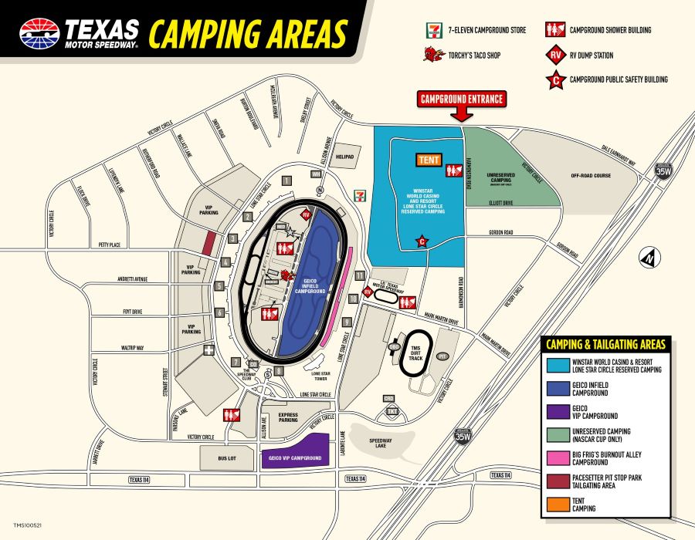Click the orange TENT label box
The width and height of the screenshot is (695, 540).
coord(427,160)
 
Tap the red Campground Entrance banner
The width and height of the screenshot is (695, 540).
coord(462,99)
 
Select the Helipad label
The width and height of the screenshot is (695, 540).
coord(345,156)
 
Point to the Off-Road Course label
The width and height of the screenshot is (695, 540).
coord(591,175)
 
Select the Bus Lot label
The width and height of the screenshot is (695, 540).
coord(226,457)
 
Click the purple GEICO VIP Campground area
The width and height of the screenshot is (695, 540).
coord(295,451)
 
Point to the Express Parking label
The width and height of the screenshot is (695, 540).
coord(287,417)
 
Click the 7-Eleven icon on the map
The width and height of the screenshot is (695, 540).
coord(358,194)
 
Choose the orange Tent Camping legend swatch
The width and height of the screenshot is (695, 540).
coord(556,506)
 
